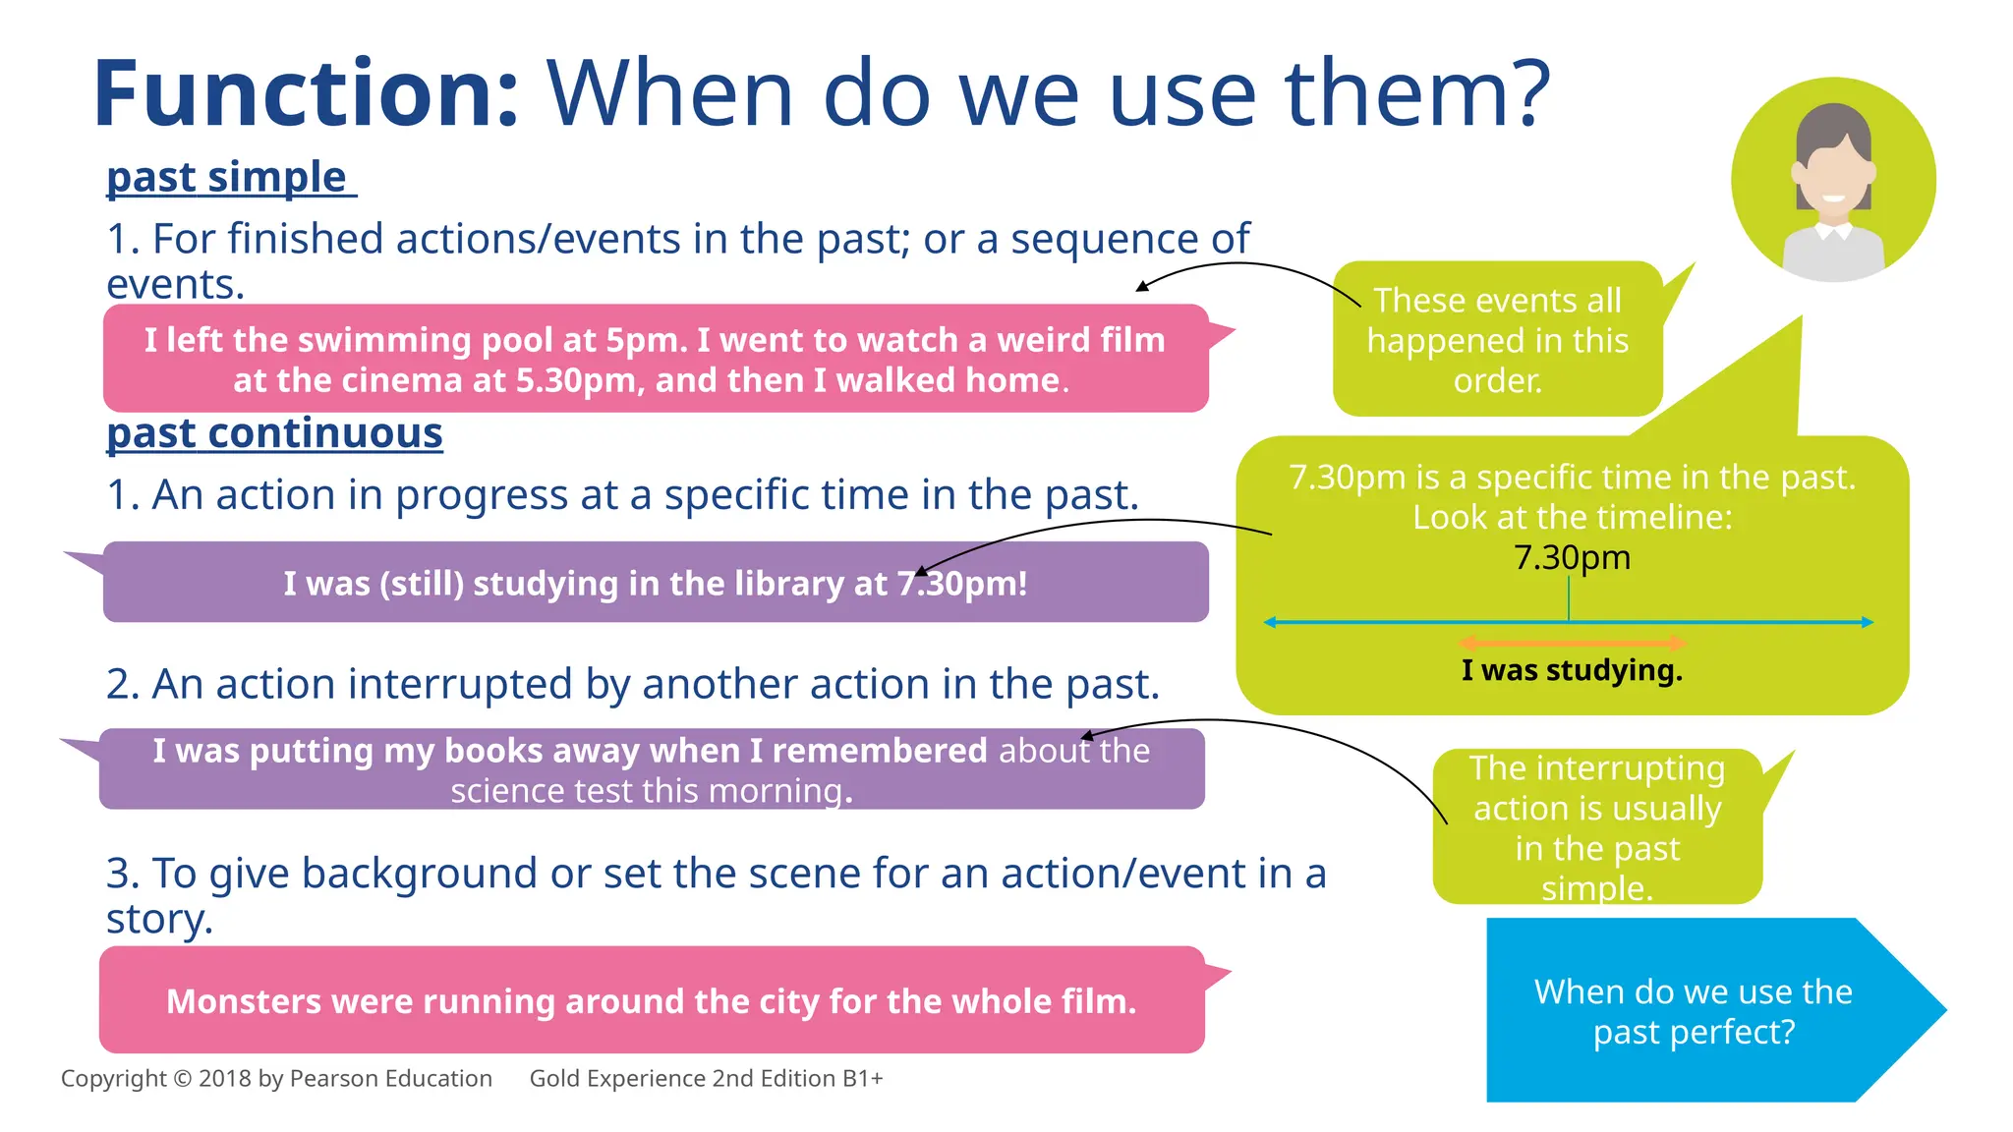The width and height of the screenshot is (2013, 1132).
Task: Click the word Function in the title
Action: click(x=305, y=94)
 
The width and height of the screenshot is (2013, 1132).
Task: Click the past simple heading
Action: click(x=227, y=178)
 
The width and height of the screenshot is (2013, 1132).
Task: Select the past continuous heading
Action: click(x=274, y=433)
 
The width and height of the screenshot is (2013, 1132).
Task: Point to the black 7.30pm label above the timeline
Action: click(x=1572, y=558)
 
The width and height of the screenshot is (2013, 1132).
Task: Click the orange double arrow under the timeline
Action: click(x=1573, y=644)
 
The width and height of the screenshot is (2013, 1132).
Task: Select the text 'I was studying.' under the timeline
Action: click(x=1572, y=671)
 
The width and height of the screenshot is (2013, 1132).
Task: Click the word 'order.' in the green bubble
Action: click(x=1497, y=381)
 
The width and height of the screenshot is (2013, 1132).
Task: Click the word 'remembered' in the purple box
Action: click(x=879, y=751)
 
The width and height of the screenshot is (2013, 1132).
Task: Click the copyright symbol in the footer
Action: click(x=182, y=1079)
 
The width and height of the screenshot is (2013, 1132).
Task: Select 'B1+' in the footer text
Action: click(x=862, y=1079)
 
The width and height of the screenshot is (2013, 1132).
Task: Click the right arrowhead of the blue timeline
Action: click(x=1867, y=622)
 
